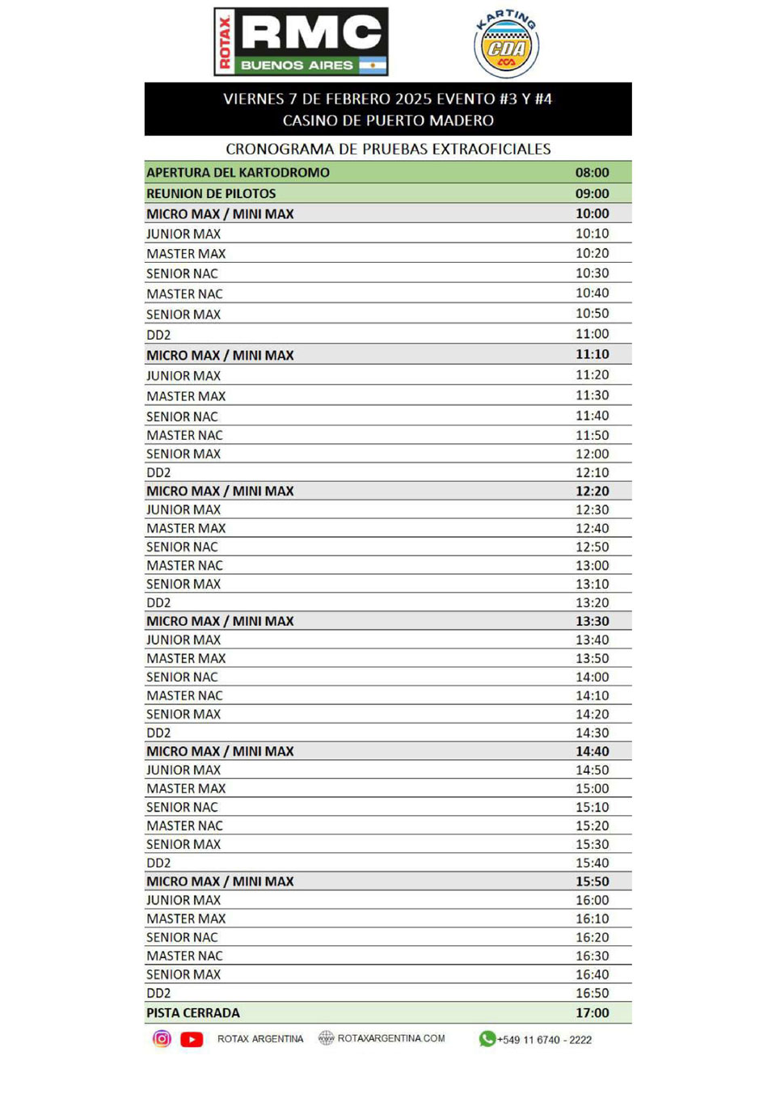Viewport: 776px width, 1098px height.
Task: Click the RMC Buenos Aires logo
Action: [x=301, y=42]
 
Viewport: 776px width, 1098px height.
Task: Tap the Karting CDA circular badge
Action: [x=506, y=44]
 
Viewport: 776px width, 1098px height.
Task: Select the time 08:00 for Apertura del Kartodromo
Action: [x=592, y=172]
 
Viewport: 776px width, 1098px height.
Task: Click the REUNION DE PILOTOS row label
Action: [x=211, y=193]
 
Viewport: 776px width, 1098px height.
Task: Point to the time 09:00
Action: [x=592, y=193]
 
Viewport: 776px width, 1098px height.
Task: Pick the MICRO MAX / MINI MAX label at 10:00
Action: [x=220, y=213]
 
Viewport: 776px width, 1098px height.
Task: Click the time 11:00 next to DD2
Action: [x=592, y=334]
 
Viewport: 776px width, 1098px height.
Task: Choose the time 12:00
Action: [x=592, y=454]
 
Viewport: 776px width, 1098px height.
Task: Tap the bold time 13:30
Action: [x=592, y=621]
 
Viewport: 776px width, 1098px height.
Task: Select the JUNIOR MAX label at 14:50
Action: [x=183, y=770]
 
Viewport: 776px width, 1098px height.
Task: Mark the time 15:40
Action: [x=592, y=863]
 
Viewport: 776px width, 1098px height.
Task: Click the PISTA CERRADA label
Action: [x=193, y=1012]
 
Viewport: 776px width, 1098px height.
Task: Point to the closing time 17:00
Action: [x=592, y=1012]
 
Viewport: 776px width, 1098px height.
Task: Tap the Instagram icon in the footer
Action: [x=162, y=1039]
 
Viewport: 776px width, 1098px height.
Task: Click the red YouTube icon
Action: [x=192, y=1039]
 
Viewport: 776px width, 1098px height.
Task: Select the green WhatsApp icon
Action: [x=487, y=1039]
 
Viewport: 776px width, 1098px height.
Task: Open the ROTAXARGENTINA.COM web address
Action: [x=391, y=1038]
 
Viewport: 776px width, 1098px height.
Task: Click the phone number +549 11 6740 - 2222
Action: [x=544, y=1040]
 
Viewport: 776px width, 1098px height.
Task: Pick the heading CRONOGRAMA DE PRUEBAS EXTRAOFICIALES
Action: [x=388, y=149]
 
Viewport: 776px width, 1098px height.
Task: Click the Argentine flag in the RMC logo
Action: [x=372, y=65]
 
